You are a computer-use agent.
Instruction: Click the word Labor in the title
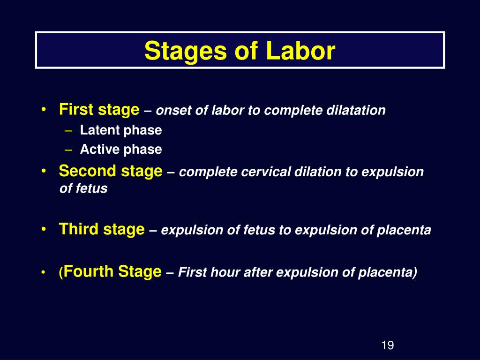click(300, 51)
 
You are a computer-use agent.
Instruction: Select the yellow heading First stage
click(99, 110)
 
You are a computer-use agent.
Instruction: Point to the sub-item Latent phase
click(121, 130)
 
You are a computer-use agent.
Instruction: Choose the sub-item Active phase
click(121, 150)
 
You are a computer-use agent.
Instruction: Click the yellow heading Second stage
click(111, 171)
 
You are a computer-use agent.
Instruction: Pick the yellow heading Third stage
click(102, 229)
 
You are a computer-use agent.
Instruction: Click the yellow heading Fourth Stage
click(112, 271)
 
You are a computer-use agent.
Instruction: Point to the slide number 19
click(388, 345)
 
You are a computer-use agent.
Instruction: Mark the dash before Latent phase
click(68, 131)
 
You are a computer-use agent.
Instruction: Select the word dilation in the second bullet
click(318, 172)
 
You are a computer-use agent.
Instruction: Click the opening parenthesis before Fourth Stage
click(61, 272)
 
